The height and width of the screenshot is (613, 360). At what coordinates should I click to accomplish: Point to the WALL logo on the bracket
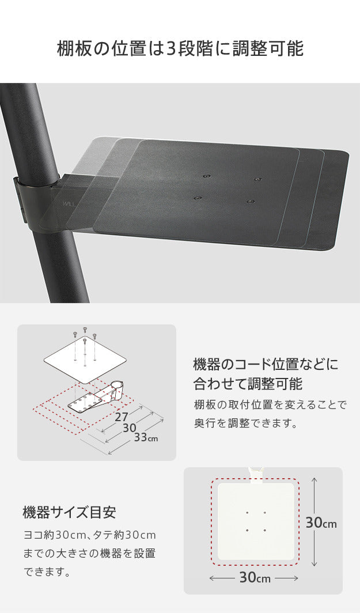69,203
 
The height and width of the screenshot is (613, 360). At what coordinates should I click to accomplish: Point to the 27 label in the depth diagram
121,416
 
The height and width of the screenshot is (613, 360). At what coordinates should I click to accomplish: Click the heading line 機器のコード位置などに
266,365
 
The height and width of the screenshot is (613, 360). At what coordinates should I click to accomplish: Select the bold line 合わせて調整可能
248,384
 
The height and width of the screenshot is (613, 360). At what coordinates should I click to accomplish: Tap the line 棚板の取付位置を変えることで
270,404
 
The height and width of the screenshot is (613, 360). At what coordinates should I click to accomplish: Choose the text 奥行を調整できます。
245,423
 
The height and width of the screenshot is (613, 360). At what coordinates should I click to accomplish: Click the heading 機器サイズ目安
70,512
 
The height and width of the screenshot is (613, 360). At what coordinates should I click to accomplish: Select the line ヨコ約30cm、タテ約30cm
89,535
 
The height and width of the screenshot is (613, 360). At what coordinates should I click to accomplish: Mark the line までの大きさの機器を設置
89,554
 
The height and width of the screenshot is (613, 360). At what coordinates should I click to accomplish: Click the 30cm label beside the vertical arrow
321,523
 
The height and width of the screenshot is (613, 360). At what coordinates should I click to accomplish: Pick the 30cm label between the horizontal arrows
254,577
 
